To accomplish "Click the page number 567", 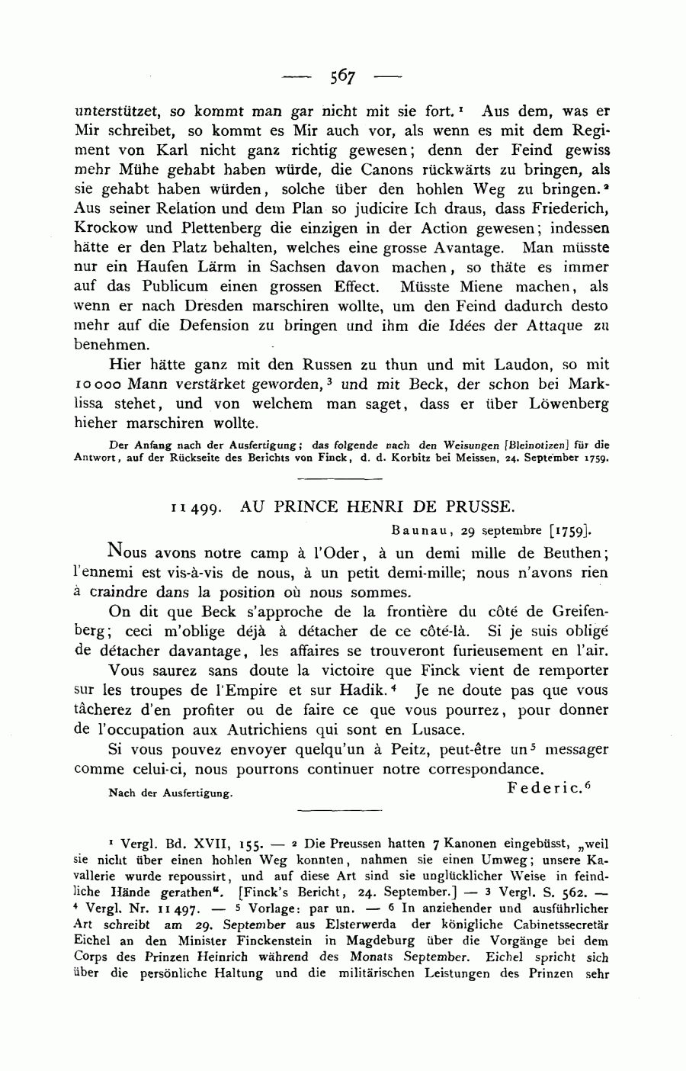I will [343, 76].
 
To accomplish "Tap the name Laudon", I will [531, 365].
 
